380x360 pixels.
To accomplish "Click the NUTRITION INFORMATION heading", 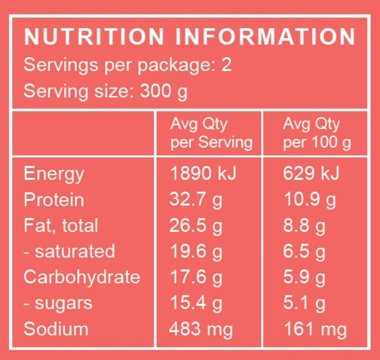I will (x=189, y=37).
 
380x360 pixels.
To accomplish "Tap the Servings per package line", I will (x=128, y=66).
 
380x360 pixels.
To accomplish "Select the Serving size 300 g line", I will (x=106, y=92).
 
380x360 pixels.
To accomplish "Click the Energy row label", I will (x=54, y=174).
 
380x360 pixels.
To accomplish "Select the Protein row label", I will (x=54, y=200).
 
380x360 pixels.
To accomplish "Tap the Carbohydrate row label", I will (x=82, y=277).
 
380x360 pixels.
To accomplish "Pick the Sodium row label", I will (x=56, y=329).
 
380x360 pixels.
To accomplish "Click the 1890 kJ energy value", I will (x=203, y=174).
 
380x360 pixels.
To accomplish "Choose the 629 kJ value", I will (x=311, y=174).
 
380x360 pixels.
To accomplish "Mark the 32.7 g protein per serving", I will (x=196, y=200).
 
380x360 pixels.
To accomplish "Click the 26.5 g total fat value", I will (x=196, y=226).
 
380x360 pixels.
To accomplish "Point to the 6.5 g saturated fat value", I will (x=304, y=252).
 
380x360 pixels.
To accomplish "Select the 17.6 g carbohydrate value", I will (x=196, y=278).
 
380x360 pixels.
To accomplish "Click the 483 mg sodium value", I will (x=201, y=329).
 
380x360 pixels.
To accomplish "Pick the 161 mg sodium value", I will (x=315, y=329).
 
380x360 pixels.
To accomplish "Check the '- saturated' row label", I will (x=69, y=251).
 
